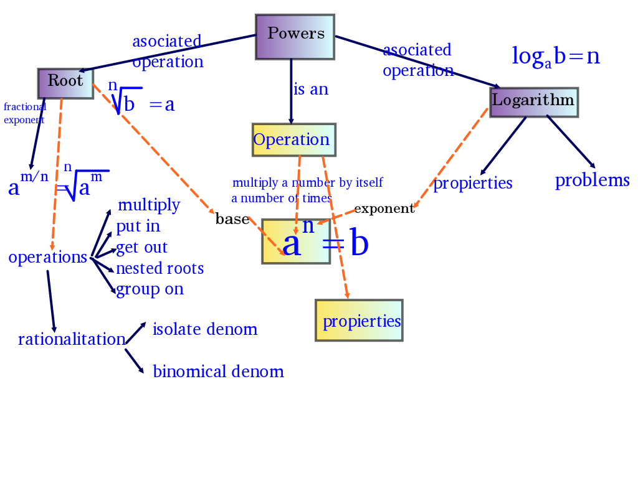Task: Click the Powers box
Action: point(295,37)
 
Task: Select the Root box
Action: point(65,83)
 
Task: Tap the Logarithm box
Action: point(533,102)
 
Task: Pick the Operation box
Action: point(293,139)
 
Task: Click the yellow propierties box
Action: point(359,320)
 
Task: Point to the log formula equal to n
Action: point(556,57)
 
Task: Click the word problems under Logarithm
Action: point(592,180)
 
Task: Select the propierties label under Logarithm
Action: point(473,183)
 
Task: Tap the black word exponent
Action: point(384,209)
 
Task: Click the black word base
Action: point(232,218)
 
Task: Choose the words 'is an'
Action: point(310,89)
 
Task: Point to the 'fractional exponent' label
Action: point(25,113)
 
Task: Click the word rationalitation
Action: point(72,339)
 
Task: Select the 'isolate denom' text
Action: point(205,329)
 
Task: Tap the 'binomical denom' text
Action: point(218,372)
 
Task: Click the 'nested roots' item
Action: point(159,268)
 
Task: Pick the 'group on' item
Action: point(150,289)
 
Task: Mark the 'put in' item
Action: point(138,226)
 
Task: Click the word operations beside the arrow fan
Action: point(47,257)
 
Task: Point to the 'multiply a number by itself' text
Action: point(307,183)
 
